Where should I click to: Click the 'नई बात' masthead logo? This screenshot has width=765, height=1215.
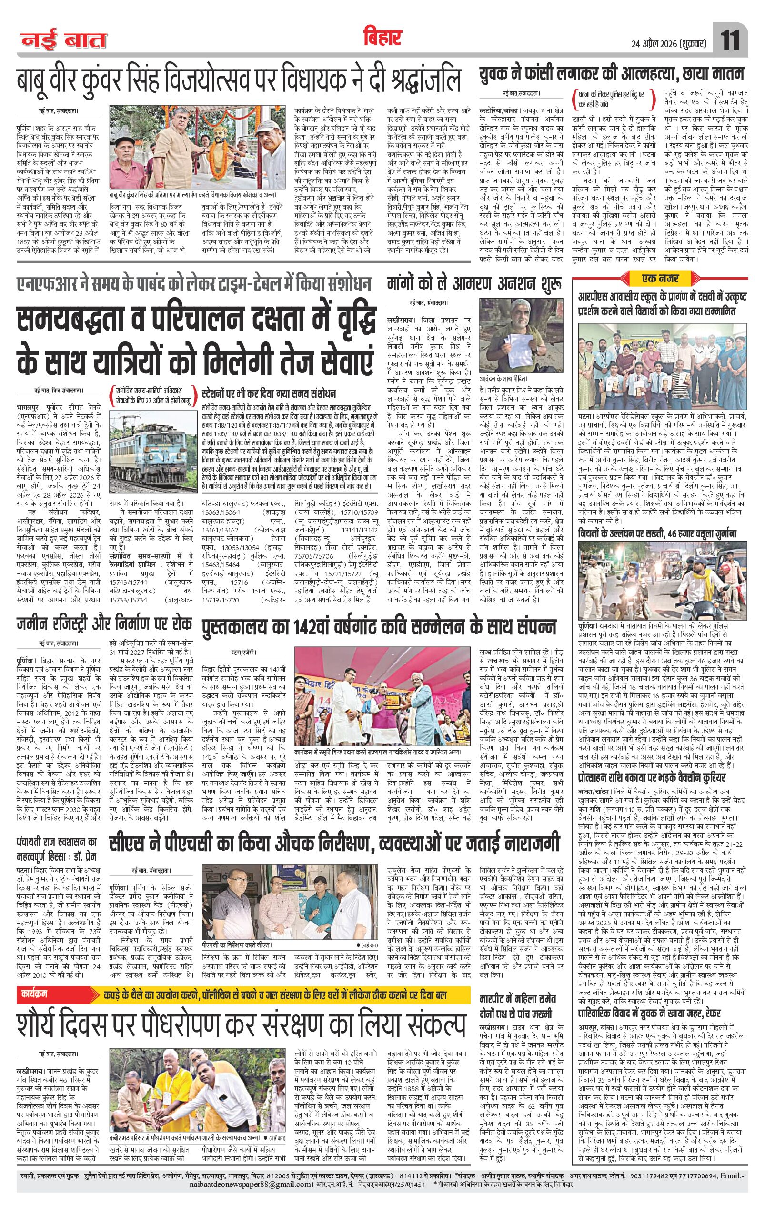63,41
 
